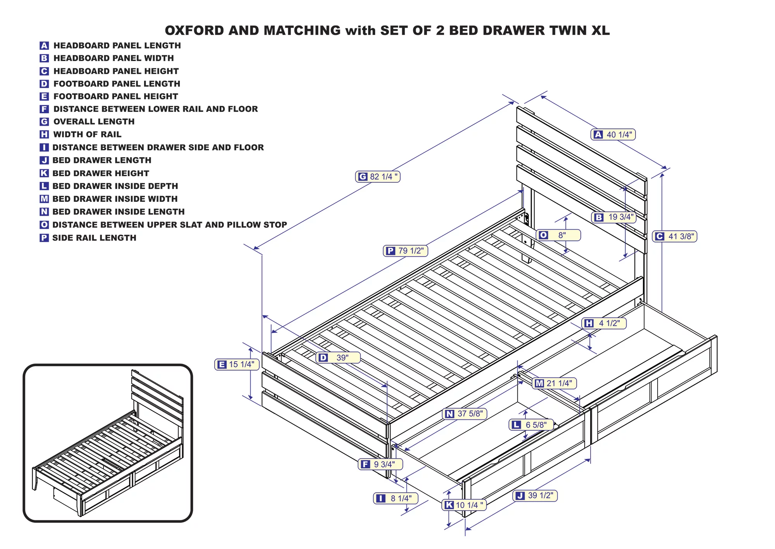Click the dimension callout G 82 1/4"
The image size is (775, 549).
pyautogui.click(x=378, y=177)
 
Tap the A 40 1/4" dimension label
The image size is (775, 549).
pyautogui.click(x=613, y=135)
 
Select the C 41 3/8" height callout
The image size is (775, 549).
pyautogui.click(x=675, y=236)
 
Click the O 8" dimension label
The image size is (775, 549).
pyautogui.click(x=558, y=235)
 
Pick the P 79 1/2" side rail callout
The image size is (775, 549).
pyautogui.click(x=406, y=251)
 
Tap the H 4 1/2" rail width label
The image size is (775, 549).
pyautogui.click(x=604, y=323)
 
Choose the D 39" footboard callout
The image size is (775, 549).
pyautogui.click(x=338, y=358)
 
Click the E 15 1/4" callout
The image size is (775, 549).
pyautogui.click(x=237, y=364)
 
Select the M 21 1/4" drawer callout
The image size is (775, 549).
pyautogui.click(x=555, y=383)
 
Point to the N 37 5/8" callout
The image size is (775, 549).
pyautogui.click(x=465, y=414)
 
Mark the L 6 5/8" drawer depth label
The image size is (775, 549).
pyautogui.click(x=531, y=425)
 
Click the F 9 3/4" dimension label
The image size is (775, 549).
pyautogui.click(x=380, y=464)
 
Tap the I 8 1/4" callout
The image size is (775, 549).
pyautogui.click(x=396, y=498)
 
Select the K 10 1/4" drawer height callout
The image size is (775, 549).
pyautogui.click(x=464, y=505)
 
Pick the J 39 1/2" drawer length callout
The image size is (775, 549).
pyautogui.click(x=535, y=495)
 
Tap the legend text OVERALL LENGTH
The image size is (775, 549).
pyautogui.click(x=94, y=121)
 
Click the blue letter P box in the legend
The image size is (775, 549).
pyautogui.click(x=44, y=238)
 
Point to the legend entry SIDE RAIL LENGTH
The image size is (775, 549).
pyautogui.click(x=94, y=238)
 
